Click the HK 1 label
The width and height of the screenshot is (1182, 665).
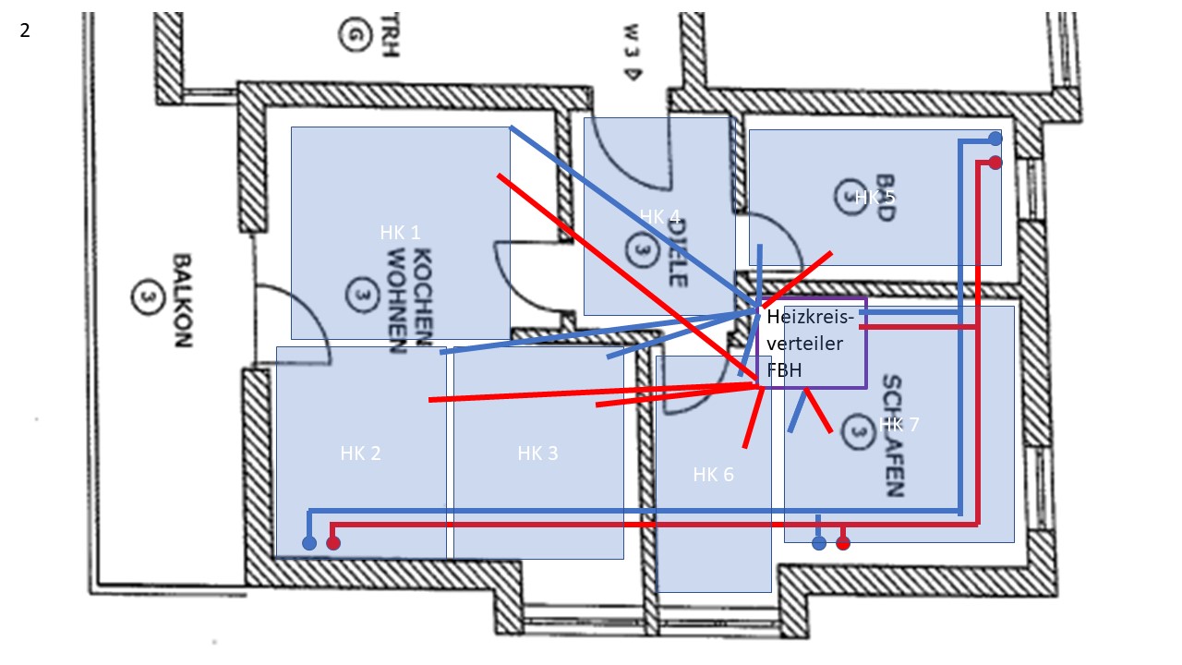(x=400, y=233)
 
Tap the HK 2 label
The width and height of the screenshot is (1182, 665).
(x=360, y=453)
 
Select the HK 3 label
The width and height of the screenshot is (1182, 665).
(x=537, y=453)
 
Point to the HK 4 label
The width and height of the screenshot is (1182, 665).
(x=659, y=218)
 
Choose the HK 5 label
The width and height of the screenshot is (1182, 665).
(x=874, y=197)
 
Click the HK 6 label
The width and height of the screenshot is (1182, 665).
(x=713, y=475)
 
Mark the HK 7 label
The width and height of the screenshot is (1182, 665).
(x=899, y=425)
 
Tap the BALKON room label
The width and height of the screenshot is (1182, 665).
(x=181, y=300)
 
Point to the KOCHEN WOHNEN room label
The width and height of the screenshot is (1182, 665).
(x=409, y=301)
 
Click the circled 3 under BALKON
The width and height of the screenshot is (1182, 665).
(x=144, y=297)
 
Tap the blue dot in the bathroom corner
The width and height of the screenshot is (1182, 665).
(x=995, y=139)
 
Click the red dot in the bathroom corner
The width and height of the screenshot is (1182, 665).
(x=995, y=163)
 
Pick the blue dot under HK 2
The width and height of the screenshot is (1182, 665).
(x=309, y=543)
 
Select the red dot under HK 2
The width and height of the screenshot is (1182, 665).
(x=333, y=543)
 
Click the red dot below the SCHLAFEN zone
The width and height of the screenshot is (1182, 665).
(x=842, y=543)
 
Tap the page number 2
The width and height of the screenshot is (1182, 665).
(x=25, y=30)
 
